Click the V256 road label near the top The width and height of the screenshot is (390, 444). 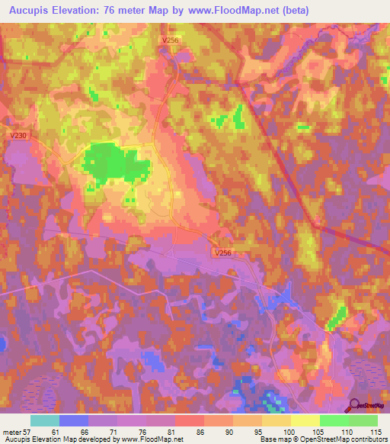(171, 40)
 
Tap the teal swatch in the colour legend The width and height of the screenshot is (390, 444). (45, 420)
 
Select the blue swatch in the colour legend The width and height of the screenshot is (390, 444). (74, 420)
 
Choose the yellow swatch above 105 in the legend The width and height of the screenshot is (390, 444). (305, 420)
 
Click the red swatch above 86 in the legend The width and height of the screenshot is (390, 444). (189, 420)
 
